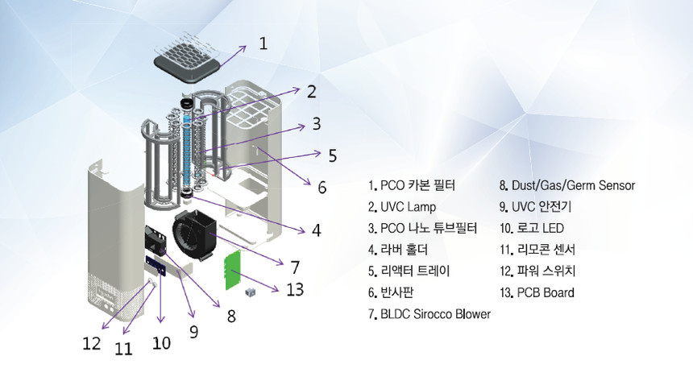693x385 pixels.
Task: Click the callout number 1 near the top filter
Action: pyautogui.click(x=264, y=43)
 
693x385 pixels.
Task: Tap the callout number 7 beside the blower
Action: pyautogui.click(x=295, y=266)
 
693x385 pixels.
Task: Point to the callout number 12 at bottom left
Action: pyautogui.click(x=91, y=344)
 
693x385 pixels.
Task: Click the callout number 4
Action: pyautogui.click(x=316, y=230)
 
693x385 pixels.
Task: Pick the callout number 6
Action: pyautogui.click(x=322, y=187)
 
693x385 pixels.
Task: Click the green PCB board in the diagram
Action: pyautogui.click(x=233, y=270)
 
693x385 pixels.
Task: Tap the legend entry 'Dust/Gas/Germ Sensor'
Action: pyautogui.click(x=567, y=185)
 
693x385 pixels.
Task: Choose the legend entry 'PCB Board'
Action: pyautogui.click(x=537, y=292)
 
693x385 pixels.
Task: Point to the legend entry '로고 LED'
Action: pyautogui.click(x=532, y=228)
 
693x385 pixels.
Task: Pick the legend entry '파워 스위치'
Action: pyautogui.click(x=537, y=271)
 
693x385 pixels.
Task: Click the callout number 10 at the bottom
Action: pyautogui.click(x=161, y=342)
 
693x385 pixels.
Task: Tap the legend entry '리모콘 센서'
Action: pyautogui.click(x=537, y=250)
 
